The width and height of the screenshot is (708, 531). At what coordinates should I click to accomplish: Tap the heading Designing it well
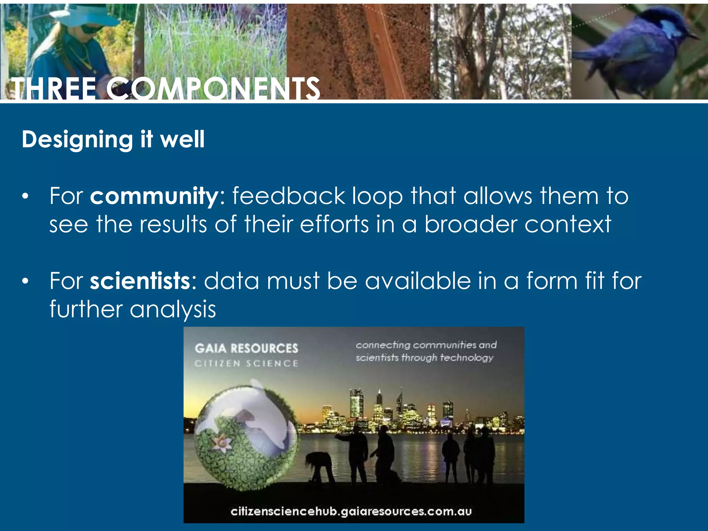pyautogui.click(x=113, y=139)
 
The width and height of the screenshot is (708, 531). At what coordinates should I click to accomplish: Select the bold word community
pyautogui.click(x=153, y=196)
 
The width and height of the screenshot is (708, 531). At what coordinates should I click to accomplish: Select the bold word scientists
pyautogui.click(x=140, y=280)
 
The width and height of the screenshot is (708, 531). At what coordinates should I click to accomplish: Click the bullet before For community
pyautogui.click(x=25, y=197)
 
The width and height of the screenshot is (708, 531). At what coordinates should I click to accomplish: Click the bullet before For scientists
pyautogui.click(x=25, y=281)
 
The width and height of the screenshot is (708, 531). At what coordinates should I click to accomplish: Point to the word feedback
pyautogui.click(x=288, y=196)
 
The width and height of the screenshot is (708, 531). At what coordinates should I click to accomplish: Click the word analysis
pyautogui.click(x=173, y=309)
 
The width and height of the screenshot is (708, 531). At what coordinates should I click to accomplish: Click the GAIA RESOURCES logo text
pyautogui.click(x=246, y=348)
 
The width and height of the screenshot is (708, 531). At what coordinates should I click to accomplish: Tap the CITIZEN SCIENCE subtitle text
pyautogui.click(x=246, y=363)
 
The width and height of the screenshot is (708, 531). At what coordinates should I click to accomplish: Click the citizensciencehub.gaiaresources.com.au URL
pyautogui.click(x=351, y=511)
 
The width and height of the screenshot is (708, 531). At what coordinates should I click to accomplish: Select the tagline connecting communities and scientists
pyautogui.click(x=426, y=351)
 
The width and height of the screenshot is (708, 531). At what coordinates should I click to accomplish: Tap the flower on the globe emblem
pyautogui.click(x=221, y=444)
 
